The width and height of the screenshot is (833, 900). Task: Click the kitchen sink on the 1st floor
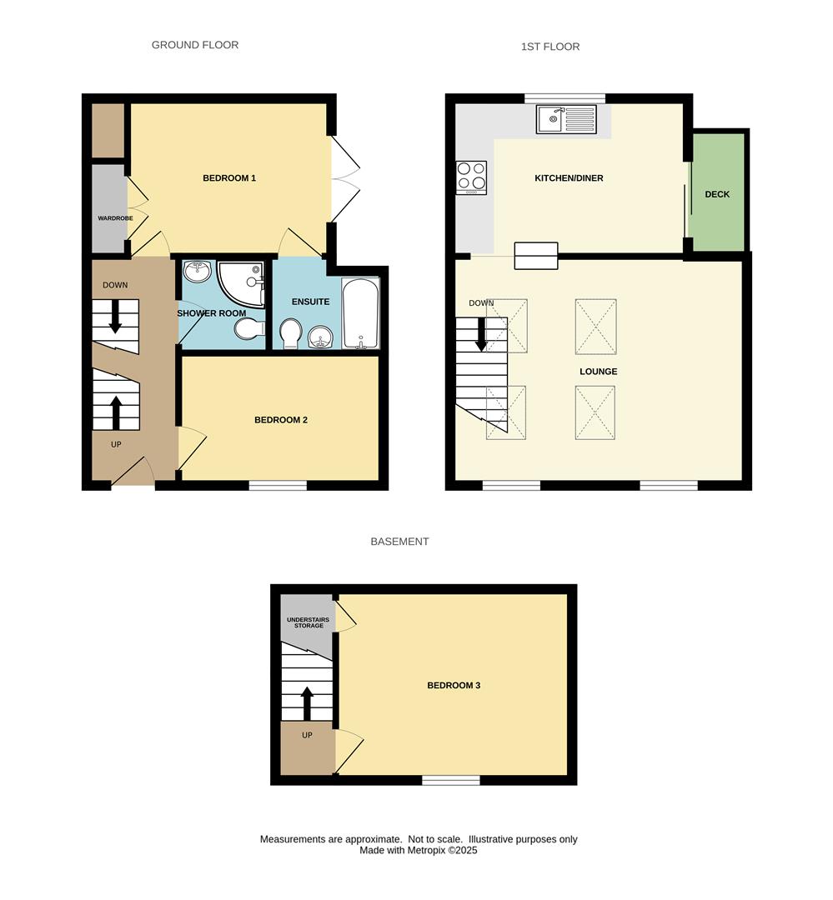[x=566, y=120]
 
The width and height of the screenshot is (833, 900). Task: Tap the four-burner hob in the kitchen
[x=471, y=177]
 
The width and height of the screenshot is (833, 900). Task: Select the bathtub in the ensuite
[x=360, y=312]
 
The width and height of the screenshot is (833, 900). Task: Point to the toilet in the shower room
[x=248, y=331]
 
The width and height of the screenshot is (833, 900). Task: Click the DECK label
[x=717, y=194]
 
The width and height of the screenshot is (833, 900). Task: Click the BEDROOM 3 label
[x=454, y=686]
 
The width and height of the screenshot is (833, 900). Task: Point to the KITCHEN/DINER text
[x=569, y=178]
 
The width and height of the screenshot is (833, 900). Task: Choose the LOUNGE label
[x=599, y=372]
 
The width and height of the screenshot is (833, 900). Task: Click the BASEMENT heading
[x=399, y=542]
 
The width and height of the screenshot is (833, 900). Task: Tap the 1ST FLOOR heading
[x=550, y=47]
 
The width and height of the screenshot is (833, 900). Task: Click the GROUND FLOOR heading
[x=195, y=45]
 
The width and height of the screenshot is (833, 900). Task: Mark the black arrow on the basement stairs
[x=307, y=702]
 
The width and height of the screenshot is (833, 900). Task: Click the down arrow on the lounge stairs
[x=481, y=333]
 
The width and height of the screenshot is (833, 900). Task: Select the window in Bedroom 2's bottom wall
[x=278, y=484]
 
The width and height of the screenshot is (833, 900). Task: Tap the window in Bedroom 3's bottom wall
[x=451, y=780]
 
